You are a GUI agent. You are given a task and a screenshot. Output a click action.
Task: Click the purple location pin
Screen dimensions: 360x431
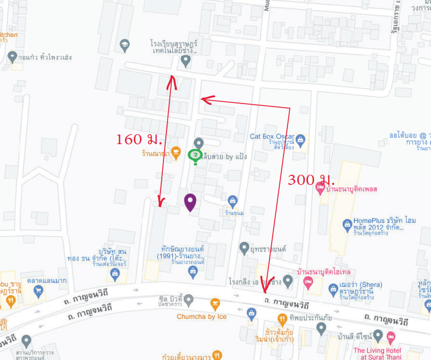[x=190, y=202]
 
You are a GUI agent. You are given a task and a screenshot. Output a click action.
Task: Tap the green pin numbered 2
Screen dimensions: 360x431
[x=195, y=155]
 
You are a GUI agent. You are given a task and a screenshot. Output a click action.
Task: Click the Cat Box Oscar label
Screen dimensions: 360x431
[x=272, y=136]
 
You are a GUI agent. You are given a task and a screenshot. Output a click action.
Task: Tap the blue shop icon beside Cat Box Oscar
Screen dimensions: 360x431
[x=301, y=140]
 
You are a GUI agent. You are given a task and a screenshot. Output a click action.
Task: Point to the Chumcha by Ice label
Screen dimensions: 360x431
[x=201, y=316]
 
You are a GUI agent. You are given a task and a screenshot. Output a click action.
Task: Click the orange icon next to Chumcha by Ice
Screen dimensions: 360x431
[x=215, y=304]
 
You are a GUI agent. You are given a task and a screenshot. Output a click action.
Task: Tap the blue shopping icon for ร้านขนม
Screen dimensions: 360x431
[x=232, y=201]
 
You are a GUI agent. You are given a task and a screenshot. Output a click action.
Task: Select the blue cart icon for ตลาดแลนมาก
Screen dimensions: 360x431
[x=38, y=291]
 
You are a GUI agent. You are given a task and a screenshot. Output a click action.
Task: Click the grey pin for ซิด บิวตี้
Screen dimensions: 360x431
[x=189, y=301]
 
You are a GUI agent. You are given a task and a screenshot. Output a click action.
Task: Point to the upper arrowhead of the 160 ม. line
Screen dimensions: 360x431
[x=172, y=78]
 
